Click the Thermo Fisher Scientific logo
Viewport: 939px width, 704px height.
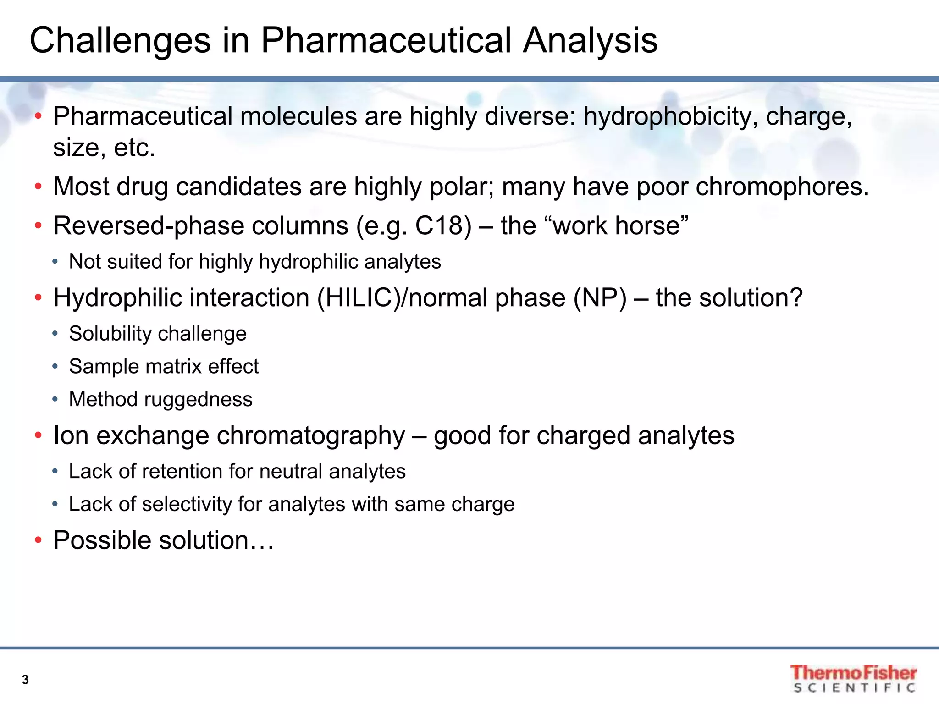(853, 678)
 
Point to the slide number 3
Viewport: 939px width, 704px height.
(25, 680)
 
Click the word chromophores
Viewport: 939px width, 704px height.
(782, 187)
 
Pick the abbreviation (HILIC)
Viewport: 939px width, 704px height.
(358, 298)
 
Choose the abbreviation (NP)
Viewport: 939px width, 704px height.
(600, 298)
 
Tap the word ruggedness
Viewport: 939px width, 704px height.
(198, 400)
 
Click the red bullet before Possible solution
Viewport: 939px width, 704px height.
(39, 540)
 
